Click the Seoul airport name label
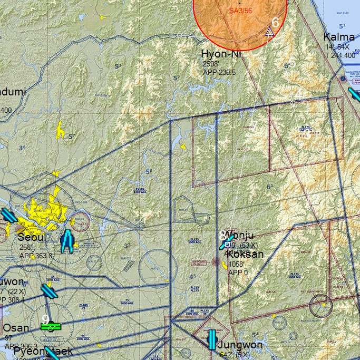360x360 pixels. coord(32,237)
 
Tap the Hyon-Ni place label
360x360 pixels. coord(220,54)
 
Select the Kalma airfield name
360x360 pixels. coord(339,37)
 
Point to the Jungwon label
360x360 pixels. coord(240,345)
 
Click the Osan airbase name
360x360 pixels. coord(16,328)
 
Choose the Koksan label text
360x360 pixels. coord(245,254)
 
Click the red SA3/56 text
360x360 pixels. coord(240,11)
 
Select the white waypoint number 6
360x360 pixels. coord(275,22)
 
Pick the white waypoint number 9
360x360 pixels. coord(45,319)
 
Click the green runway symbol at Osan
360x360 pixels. coord(51,327)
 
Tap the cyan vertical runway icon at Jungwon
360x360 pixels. coord(212,339)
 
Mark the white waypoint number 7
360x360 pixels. coord(254,125)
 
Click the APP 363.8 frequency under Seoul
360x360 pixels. coord(36,256)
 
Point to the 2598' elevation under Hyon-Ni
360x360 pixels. coord(211,64)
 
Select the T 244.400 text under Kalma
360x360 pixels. coord(339,55)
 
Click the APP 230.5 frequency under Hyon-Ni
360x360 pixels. coord(219,72)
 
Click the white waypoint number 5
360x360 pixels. coord(293,61)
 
